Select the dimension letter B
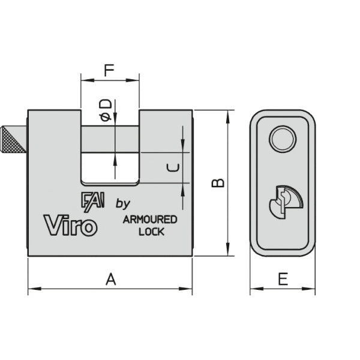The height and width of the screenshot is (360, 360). pyautogui.click(x=220, y=182)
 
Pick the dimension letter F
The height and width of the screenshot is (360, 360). pyautogui.click(x=109, y=70)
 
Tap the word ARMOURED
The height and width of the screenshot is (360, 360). pyautogui.click(x=150, y=220)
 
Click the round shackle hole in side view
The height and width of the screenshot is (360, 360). pyautogui.click(x=282, y=140)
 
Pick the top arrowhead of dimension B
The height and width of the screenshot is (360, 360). pyautogui.click(x=227, y=114)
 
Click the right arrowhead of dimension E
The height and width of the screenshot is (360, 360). pyautogui.click(x=313, y=290)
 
